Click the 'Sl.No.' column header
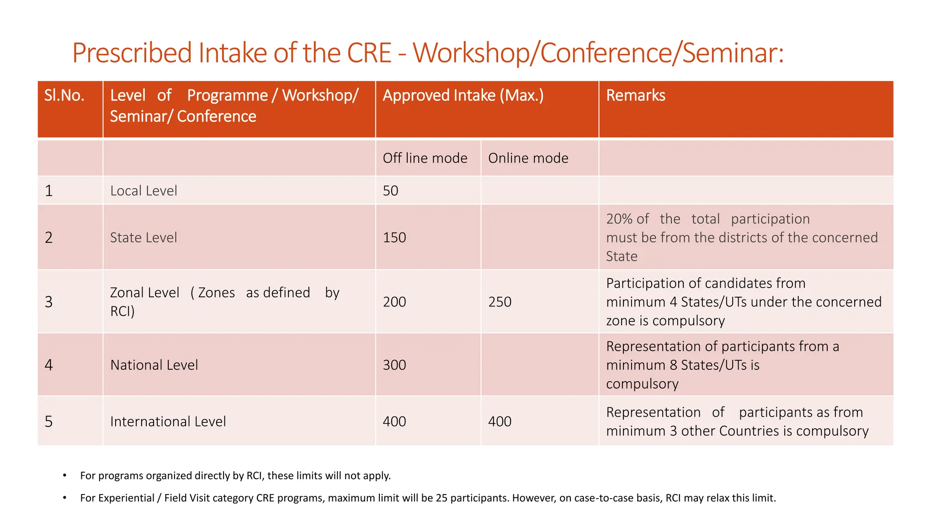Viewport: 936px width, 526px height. [64, 95]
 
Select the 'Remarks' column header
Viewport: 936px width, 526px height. [635, 95]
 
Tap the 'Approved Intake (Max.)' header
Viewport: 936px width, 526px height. [463, 95]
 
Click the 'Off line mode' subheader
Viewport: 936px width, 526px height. [425, 158]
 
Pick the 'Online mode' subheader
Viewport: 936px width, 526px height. [528, 158]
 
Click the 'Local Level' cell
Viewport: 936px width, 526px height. [144, 190]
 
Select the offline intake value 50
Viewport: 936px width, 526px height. [390, 190]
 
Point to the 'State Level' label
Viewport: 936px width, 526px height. [144, 237]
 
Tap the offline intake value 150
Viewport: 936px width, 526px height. [394, 237]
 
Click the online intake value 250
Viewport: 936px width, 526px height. [500, 302]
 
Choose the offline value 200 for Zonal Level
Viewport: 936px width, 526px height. [394, 302]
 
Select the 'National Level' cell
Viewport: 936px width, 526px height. [154, 365]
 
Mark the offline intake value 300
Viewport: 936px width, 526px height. [394, 365]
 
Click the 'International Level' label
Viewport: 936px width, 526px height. [168, 421]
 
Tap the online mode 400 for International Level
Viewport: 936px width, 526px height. [500, 421]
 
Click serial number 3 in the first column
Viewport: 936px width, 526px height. [49, 302]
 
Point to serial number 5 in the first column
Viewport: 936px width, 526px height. [49, 421]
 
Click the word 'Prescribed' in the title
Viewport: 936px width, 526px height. [132, 53]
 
